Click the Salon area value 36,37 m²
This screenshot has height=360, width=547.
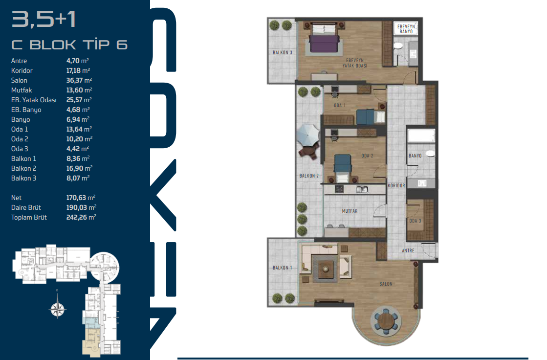(79, 80)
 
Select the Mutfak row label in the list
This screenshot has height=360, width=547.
(22, 90)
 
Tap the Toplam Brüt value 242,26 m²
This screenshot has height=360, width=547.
(81, 217)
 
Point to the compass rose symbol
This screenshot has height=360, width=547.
(58, 308)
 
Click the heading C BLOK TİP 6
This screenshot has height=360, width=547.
(69, 45)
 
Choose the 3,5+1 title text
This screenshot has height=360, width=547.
(44, 19)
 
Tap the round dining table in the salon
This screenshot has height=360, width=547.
(386, 320)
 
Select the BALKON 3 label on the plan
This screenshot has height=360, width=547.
(282, 53)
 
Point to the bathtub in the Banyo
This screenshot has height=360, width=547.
(421, 135)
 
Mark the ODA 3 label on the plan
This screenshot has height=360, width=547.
(415, 221)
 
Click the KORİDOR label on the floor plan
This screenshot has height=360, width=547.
(396, 186)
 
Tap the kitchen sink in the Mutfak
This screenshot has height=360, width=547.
(362, 190)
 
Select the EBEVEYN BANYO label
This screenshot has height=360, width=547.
(406, 29)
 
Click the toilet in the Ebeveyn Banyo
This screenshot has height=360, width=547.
(398, 46)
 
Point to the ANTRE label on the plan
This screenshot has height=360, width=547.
(408, 251)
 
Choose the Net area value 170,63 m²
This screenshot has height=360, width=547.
(81, 198)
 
